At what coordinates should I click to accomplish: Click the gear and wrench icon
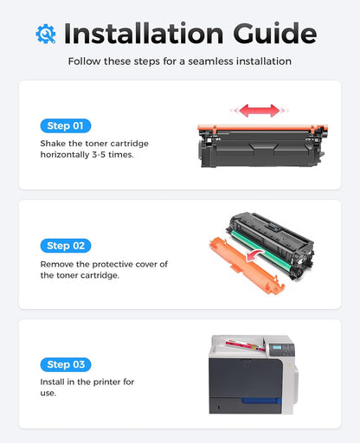pos(45,34)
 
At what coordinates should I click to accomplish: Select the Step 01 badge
pos(65,125)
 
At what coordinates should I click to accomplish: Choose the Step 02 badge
pos(65,246)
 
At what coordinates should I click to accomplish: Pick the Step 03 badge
pos(65,364)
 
